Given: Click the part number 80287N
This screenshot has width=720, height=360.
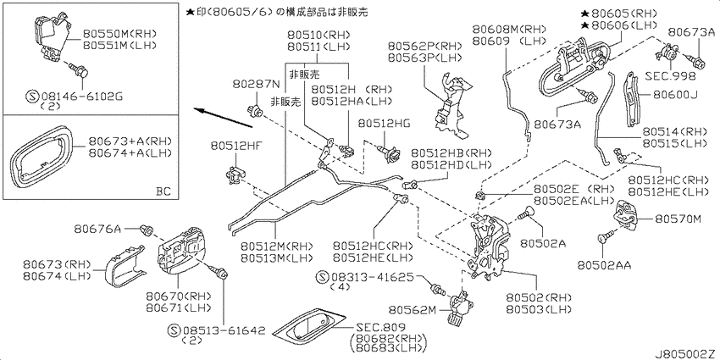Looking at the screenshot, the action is tap(256, 84).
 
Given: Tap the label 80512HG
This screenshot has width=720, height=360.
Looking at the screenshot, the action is tap(384, 123).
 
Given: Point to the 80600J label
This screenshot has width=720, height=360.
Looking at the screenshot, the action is tap(675, 95).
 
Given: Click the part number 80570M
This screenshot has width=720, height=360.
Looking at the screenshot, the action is tap(678, 219).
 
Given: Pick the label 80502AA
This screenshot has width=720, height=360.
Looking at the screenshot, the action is tap(604, 265).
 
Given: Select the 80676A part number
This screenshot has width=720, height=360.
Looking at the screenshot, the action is tap(97, 228).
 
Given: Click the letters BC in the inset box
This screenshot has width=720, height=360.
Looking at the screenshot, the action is tap(163, 191).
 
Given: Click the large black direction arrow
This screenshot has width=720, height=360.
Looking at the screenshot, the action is tap(223, 118).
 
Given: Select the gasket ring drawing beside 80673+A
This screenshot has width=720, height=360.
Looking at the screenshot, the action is tap(41, 156).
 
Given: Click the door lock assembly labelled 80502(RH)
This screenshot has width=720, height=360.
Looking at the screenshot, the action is tap(488, 246).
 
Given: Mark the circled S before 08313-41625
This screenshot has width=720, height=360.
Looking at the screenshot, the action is tap(324, 277).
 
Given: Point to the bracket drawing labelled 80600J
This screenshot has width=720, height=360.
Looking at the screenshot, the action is tap(634, 99).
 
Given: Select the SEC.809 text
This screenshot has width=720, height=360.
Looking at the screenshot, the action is tap(380, 328).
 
